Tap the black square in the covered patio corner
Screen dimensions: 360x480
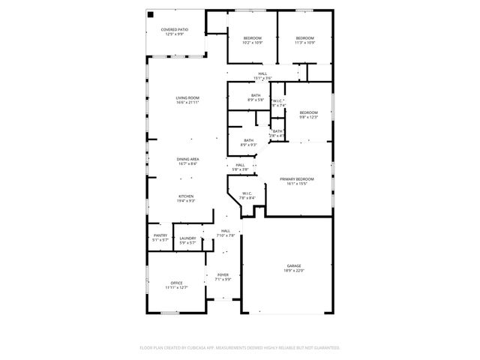(x=151, y=14)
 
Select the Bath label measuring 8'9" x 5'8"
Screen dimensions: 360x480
(x=256, y=97)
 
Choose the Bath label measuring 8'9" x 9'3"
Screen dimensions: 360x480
(x=247, y=142)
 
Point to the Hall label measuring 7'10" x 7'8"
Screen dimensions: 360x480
(x=226, y=233)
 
